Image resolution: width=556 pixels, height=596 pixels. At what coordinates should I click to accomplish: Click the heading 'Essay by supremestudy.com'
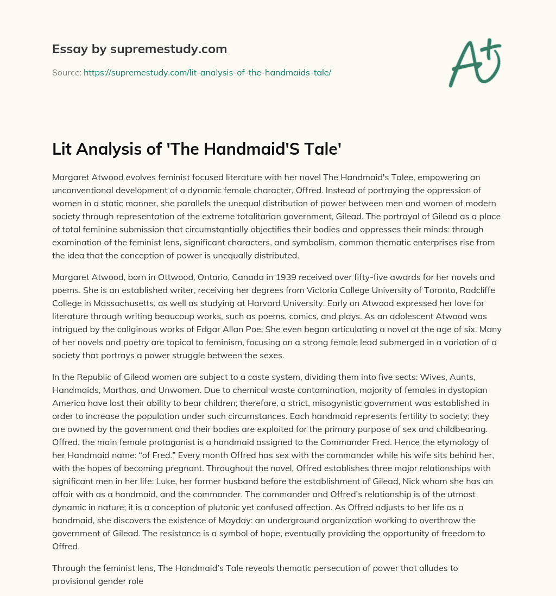coord(140,49)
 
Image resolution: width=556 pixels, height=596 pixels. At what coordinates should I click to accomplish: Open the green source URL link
coord(207,72)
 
